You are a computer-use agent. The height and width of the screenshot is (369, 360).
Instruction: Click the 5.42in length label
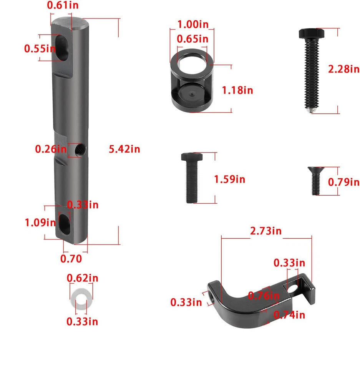124,149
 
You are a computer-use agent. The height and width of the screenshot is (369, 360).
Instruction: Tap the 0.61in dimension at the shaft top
63,5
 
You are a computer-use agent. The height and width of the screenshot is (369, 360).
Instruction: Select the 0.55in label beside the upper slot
40,48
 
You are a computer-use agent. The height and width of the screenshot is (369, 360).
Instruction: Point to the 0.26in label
51,149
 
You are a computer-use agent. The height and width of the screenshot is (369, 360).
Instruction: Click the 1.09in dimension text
40,223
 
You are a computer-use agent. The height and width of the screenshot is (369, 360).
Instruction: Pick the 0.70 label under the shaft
71,259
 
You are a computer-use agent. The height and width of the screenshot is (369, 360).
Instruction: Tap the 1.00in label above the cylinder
193,24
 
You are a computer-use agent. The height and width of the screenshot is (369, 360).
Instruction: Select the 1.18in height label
237,90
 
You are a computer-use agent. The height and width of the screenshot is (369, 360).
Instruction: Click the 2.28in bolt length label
344,69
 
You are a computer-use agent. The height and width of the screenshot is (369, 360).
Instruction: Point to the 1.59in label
229,180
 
